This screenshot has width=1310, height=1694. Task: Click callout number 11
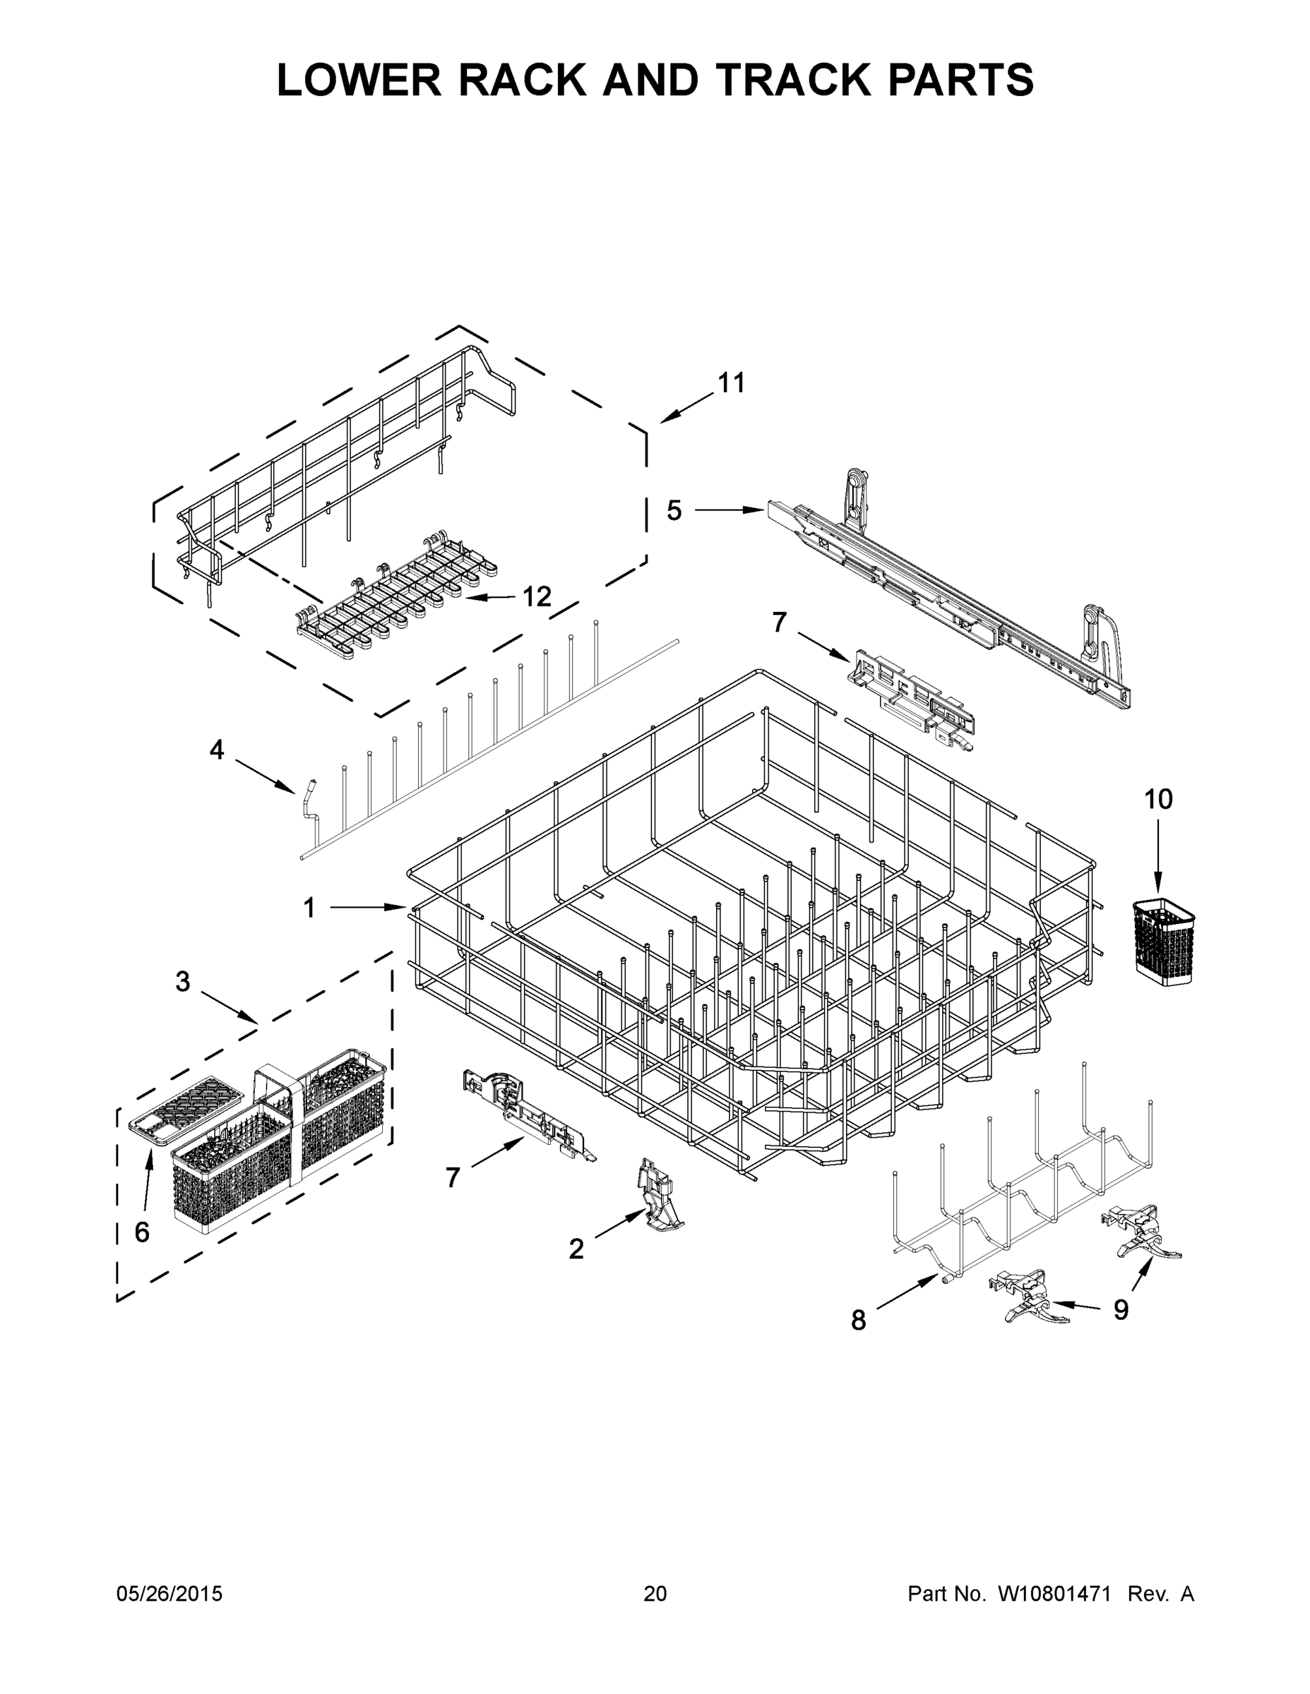pos(731,383)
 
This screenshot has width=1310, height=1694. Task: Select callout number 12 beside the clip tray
pos(536,596)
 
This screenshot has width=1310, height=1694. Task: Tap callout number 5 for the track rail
pos(674,510)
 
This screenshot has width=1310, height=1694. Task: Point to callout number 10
pos(1159,799)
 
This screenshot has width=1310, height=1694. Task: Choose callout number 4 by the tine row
pos(217,750)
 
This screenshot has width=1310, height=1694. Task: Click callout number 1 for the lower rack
pos(309,908)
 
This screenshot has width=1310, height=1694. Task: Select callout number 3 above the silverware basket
pos(182,981)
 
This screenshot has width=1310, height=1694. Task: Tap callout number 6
pos(142,1232)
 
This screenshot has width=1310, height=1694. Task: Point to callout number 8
pos(857,1319)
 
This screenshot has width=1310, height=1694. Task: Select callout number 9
pos(1121,1309)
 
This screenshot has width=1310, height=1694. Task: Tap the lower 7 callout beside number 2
pos(453,1177)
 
